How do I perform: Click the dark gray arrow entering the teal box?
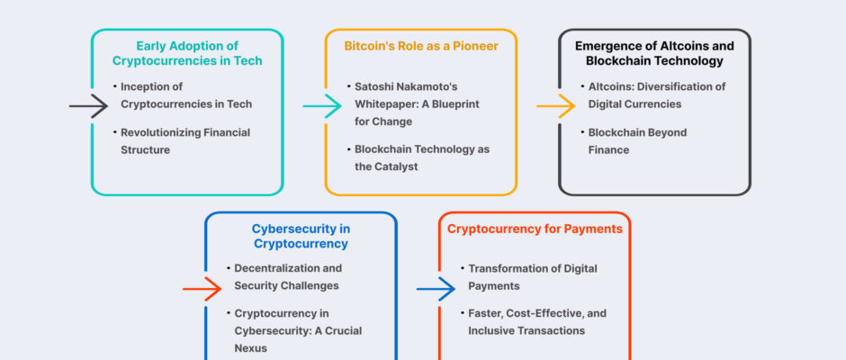(x=88, y=106)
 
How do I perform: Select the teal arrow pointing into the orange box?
(x=322, y=106)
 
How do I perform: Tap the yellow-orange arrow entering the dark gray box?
(x=556, y=106)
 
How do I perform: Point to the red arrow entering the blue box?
(x=202, y=289)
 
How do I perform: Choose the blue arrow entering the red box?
(x=436, y=289)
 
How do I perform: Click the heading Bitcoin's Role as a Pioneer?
(x=421, y=46)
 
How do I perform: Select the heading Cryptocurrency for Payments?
(x=535, y=229)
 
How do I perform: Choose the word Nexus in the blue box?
(x=250, y=348)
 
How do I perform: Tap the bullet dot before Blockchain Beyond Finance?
(x=582, y=131)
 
